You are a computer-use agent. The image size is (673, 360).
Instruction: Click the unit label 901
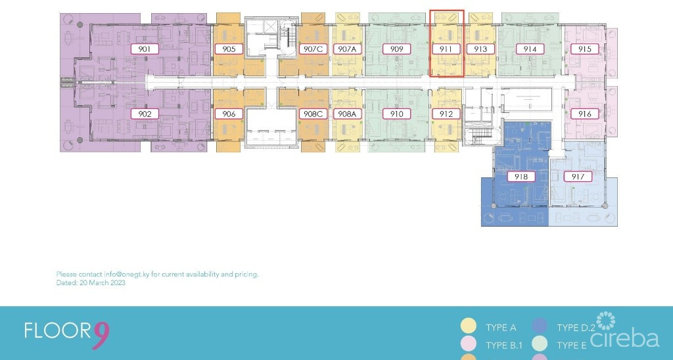[145, 49]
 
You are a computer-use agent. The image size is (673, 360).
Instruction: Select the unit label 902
[145, 114]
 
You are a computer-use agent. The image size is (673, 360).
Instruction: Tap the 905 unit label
[229, 49]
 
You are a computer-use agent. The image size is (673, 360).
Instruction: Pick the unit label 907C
[313, 49]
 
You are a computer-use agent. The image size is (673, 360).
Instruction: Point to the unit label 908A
[347, 114]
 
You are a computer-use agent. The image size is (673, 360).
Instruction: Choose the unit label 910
[396, 114]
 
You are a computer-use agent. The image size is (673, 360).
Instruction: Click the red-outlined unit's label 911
[446, 49]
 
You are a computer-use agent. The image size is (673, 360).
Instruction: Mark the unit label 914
[530, 49]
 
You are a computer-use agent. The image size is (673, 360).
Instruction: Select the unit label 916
[584, 114]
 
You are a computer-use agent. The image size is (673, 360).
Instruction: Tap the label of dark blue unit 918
[521, 176]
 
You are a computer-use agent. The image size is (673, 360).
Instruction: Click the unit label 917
[578, 176]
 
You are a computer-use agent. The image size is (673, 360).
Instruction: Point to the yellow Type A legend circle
[468, 326]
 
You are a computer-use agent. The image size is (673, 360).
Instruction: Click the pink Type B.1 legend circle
[468, 344]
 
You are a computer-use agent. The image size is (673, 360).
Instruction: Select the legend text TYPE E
[572, 346]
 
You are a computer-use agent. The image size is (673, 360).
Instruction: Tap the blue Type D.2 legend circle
[540, 326]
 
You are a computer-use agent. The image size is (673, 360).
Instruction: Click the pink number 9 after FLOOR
[101, 335]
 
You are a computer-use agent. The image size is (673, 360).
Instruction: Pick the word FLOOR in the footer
[58, 330]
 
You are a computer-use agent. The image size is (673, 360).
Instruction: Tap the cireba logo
[624, 330]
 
